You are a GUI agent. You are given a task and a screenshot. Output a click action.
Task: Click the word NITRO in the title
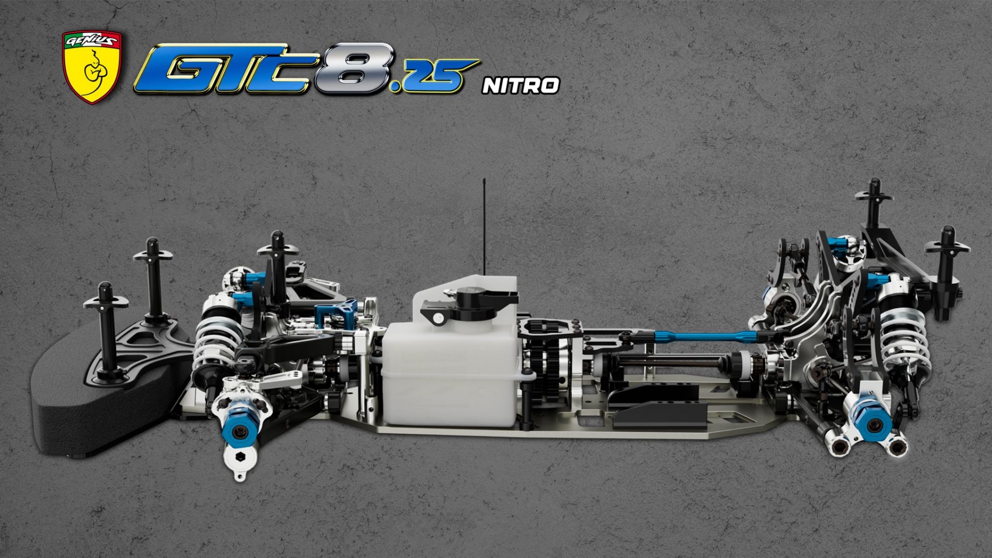point(521,85)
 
